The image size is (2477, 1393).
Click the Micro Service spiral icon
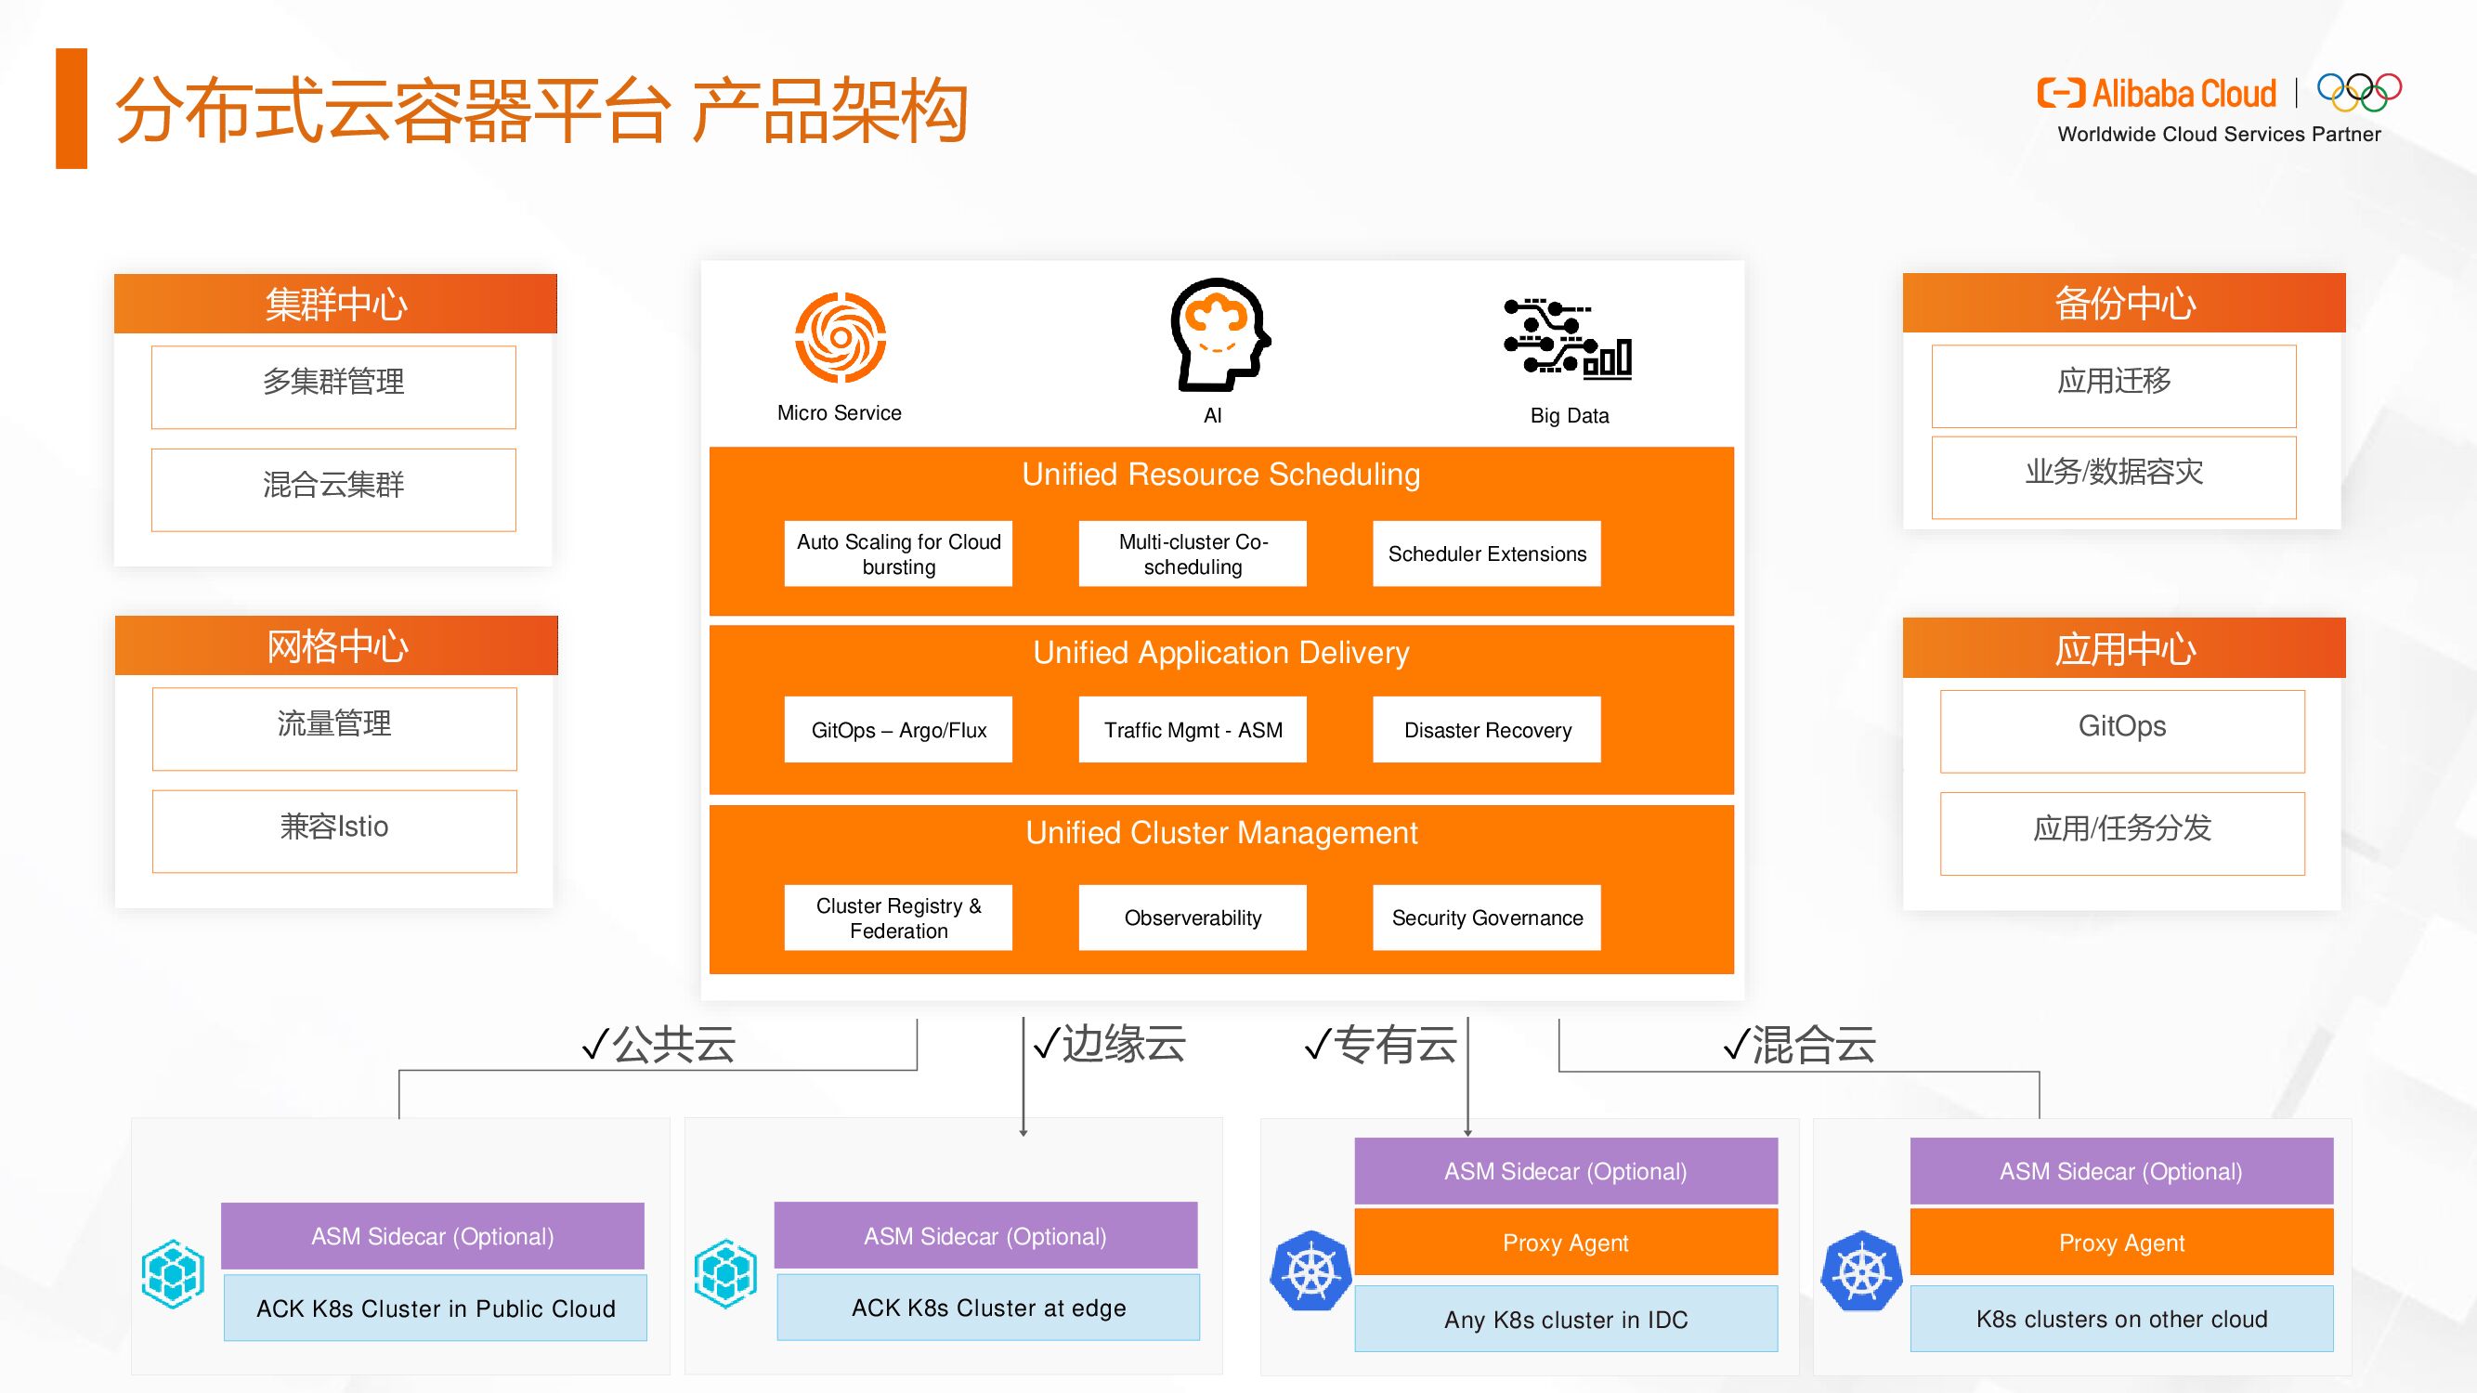[x=840, y=337]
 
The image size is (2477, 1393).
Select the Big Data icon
[x=1568, y=338]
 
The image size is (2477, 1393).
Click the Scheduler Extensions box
[x=1487, y=553]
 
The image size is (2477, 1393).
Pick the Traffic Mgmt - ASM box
[x=1193, y=730]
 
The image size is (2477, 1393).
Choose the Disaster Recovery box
[x=1487, y=730]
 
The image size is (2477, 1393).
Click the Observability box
[x=1193, y=918]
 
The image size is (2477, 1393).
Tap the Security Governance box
[x=1487, y=918]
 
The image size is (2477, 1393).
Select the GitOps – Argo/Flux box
[x=898, y=730]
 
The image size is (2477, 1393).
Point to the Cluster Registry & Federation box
[x=898, y=918]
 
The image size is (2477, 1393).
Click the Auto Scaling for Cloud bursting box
[x=898, y=553]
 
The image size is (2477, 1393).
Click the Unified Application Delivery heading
[x=1220, y=653]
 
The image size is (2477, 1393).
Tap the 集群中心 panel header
[x=335, y=304]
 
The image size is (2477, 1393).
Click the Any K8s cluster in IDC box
[x=1566, y=1319]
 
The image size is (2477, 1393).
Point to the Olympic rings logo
[x=2359, y=92]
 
